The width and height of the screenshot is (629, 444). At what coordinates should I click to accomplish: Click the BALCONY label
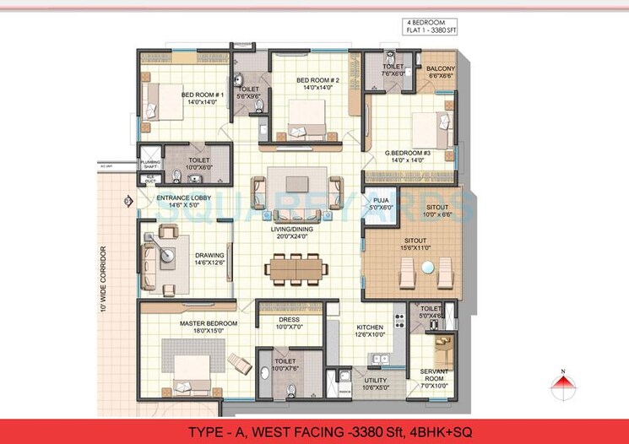(x=440, y=71)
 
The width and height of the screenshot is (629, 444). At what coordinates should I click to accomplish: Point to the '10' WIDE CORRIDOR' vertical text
(x=103, y=279)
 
